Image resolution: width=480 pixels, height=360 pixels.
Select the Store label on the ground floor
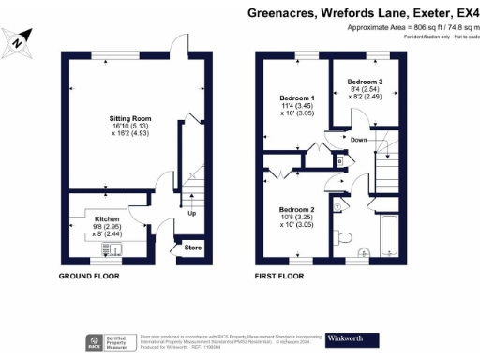pos(192,247)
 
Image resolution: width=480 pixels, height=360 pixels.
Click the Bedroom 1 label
pos(297,98)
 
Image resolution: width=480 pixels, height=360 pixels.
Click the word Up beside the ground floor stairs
pos(192,213)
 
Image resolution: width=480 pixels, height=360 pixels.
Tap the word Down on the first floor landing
pos(358,140)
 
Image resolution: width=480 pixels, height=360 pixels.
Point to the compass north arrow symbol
pos(22,38)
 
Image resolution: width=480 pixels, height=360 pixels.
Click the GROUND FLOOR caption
pos(89,277)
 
